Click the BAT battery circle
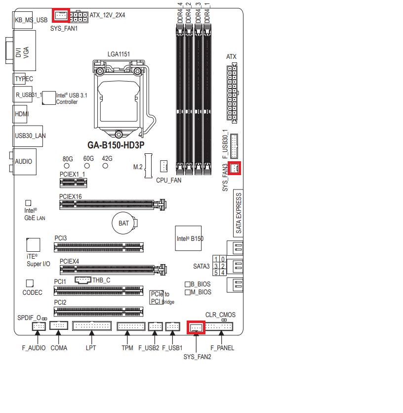click(x=123, y=223)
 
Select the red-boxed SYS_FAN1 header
click(x=61, y=15)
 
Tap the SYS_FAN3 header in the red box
click(x=234, y=168)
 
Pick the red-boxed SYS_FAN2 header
click(x=196, y=327)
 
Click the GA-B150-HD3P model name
click(x=116, y=145)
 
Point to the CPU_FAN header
click(x=163, y=166)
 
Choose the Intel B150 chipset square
click(x=188, y=238)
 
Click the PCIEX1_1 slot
click(x=74, y=183)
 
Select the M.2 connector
click(x=148, y=166)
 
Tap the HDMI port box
click(x=20, y=114)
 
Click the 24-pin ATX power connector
click(x=232, y=93)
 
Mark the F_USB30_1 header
click(x=234, y=146)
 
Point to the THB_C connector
click(x=83, y=280)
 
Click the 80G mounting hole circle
click(x=67, y=166)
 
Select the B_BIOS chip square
click(x=188, y=284)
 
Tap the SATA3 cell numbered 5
click(x=216, y=273)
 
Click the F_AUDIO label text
click(x=34, y=348)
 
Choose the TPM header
click(x=131, y=326)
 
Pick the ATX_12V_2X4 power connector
click(x=79, y=17)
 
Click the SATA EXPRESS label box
click(x=239, y=213)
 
